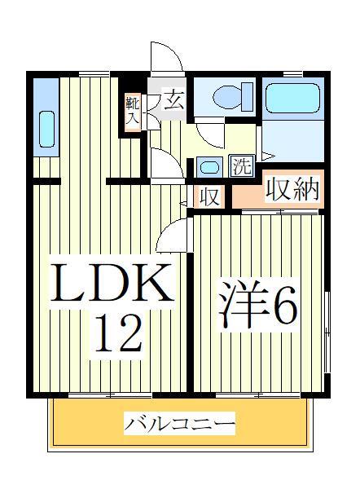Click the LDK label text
[113, 284]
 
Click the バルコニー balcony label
[180, 424]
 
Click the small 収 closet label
[209, 196]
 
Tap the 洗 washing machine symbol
[242, 166]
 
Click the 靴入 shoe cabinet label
[133, 109]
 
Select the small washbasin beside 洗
[209, 167]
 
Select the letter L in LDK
[69, 284]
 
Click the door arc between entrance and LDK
[165, 164]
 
